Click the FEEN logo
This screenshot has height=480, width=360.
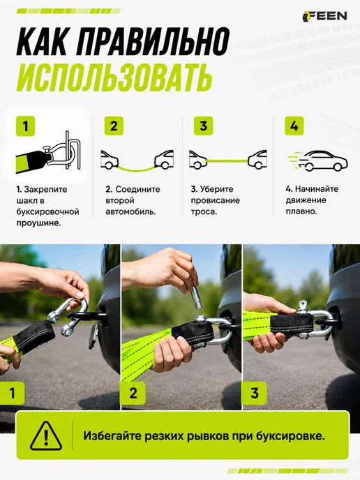tap(325, 16)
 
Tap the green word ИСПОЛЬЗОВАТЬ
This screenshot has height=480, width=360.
tap(114, 77)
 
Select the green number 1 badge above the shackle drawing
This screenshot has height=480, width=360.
tap(25, 126)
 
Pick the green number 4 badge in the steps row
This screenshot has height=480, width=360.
tap(294, 126)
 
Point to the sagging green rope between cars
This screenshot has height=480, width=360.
tap(136, 168)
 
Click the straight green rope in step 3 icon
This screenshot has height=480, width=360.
tap(227, 160)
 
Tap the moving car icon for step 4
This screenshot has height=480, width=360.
tap(317, 160)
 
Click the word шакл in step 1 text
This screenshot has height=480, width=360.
tap(26, 200)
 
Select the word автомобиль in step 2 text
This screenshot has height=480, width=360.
tap(130, 211)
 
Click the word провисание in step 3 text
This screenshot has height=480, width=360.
tap(215, 200)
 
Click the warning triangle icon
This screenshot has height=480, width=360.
tap(46, 435)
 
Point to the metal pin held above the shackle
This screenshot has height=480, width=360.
tap(195, 297)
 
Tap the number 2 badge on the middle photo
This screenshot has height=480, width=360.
tap(133, 393)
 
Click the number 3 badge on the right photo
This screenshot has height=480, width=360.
tap(255, 393)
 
